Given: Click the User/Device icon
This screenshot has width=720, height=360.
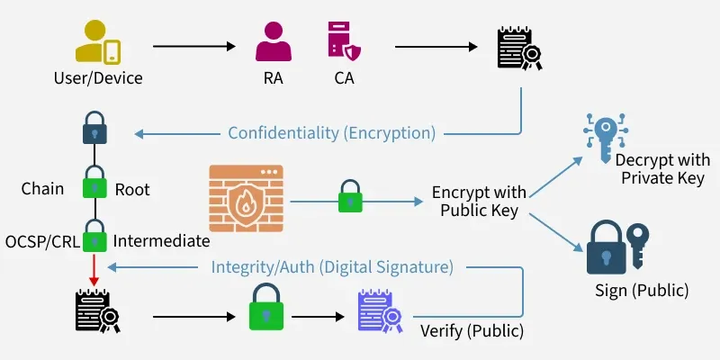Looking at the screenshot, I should coord(98,41).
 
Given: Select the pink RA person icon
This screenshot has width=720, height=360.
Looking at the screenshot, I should coord(273,41).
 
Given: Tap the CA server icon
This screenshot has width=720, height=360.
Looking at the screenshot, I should coord(344,41).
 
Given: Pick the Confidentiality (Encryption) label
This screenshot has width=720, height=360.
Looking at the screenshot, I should coord(331,133).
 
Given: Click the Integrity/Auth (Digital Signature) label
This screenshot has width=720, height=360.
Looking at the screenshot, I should coord(331,267).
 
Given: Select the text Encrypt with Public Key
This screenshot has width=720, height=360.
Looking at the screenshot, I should coord(479,201).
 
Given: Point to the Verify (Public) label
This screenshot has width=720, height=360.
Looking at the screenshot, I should coord(472,330).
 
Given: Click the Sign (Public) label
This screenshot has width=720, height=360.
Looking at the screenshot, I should coord(642,291).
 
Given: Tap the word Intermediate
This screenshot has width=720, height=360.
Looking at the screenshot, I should coord(161,241).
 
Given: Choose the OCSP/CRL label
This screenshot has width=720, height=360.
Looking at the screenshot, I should coord(41,241).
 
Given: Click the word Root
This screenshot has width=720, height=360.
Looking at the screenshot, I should coord(132,190).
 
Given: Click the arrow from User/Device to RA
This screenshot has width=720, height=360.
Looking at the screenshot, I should coord(194,44).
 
